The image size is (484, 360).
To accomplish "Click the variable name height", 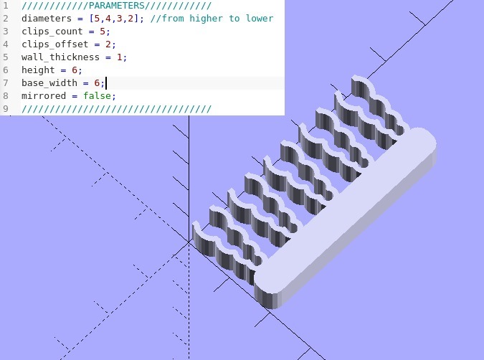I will (x=38, y=70).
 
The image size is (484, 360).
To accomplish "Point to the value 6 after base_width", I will (x=97, y=83).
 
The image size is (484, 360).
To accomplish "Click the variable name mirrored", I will (x=44, y=96).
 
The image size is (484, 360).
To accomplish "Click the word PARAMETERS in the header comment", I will (x=116, y=5).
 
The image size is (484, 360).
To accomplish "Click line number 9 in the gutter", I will (x=6, y=109).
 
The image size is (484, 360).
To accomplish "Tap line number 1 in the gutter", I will (x=6, y=5).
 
